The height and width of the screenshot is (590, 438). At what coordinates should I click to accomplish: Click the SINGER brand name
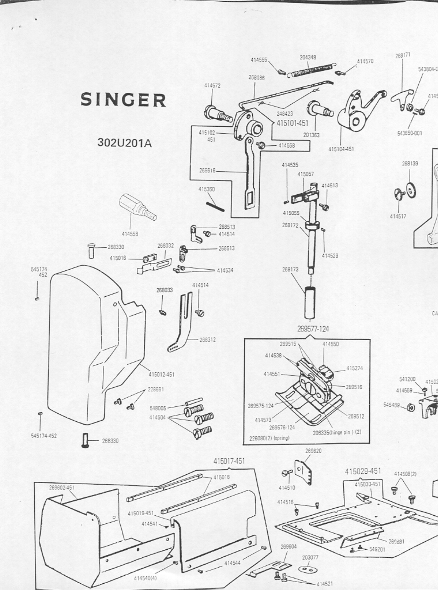[x=123, y=100]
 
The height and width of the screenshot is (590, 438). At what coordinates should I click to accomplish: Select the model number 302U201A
[x=125, y=143]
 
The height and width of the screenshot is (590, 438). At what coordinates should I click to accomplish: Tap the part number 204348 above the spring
[x=308, y=58]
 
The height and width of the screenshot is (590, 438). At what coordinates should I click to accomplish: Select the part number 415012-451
[x=162, y=375]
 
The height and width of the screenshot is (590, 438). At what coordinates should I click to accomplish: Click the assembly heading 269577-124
[x=313, y=329]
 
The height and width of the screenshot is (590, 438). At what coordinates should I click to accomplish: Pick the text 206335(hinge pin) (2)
[x=337, y=432]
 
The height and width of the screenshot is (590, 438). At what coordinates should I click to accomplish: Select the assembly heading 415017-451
[x=229, y=461]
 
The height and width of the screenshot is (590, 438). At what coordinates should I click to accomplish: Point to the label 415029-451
[x=363, y=471]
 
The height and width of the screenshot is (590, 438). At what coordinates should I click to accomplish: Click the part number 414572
[x=212, y=86]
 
